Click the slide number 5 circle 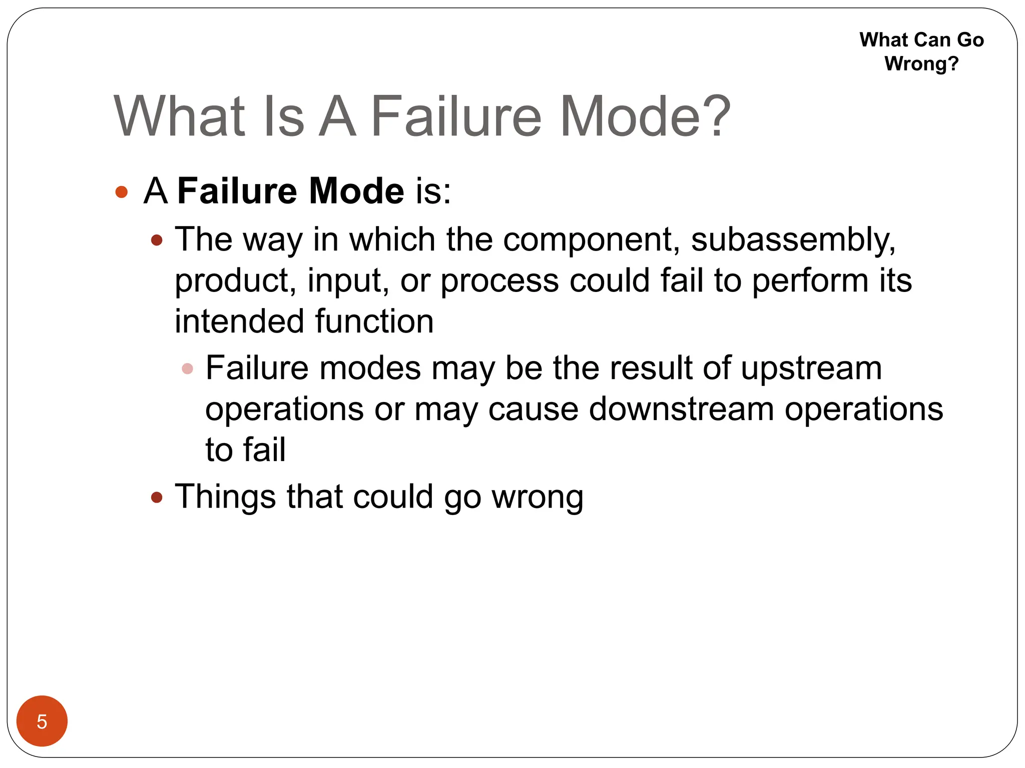[42, 721]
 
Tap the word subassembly [793, 240]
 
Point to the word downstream [681, 409]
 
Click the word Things [225, 498]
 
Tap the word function [374, 321]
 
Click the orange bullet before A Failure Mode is [122, 192]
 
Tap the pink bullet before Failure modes [188, 369]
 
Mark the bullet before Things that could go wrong [157, 497]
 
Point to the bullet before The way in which [157, 240]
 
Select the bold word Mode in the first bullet [356, 191]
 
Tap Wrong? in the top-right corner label [921, 64]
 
